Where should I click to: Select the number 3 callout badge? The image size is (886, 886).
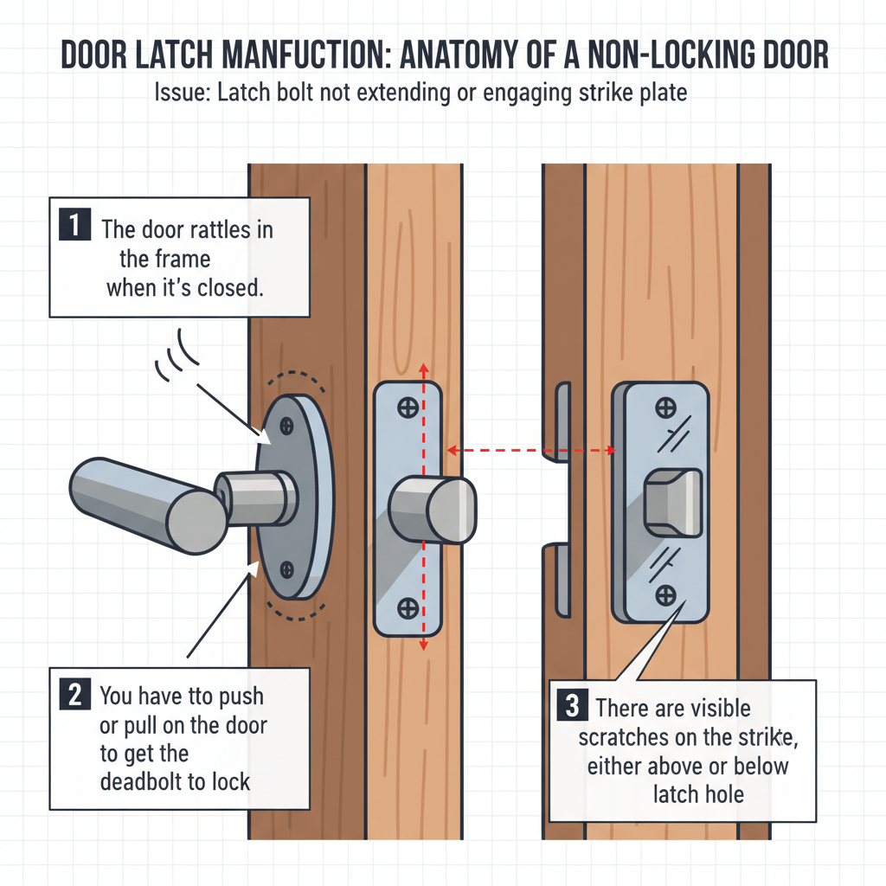pyautogui.click(x=572, y=706)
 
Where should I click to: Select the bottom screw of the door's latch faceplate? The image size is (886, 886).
pyautogui.click(x=407, y=607)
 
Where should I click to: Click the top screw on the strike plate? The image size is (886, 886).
pyautogui.click(x=665, y=407)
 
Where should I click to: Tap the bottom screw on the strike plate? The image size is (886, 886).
pyautogui.click(x=665, y=594)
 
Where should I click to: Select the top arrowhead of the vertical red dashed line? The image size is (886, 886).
pyautogui.click(x=423, y=368)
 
